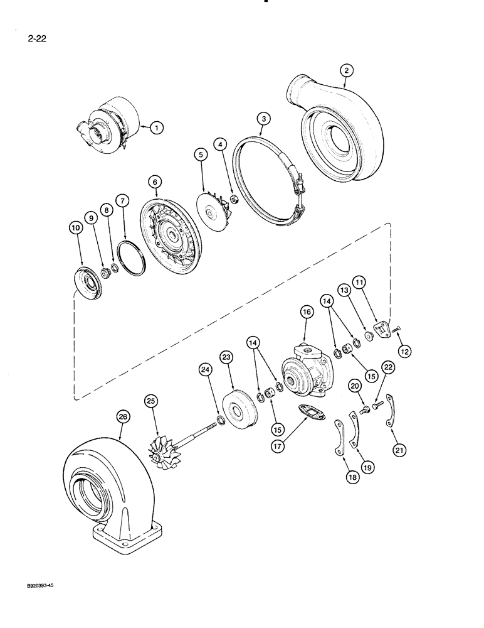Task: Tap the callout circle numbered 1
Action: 157,127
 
